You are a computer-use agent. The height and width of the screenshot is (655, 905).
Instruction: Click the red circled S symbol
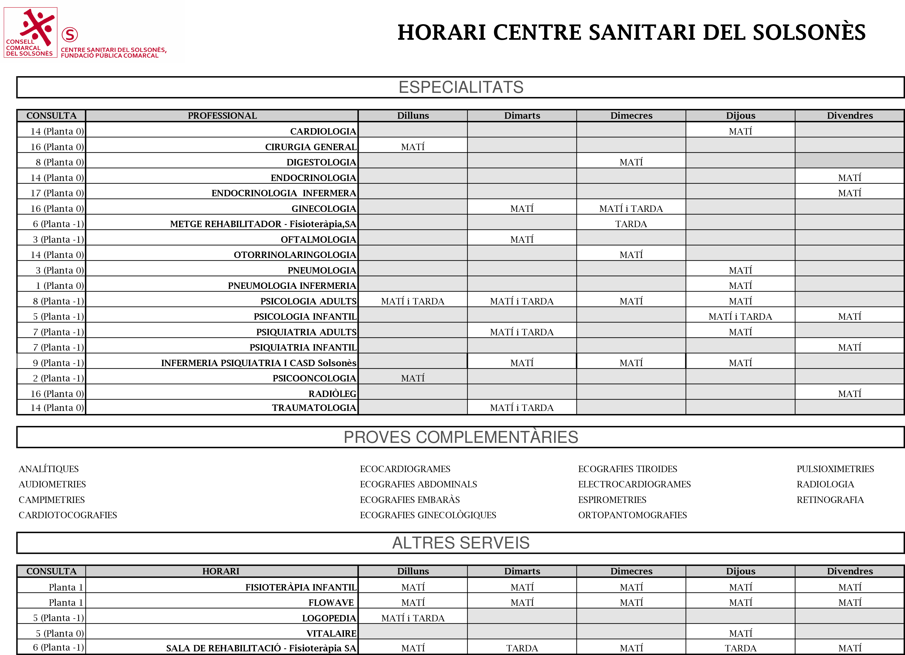[70, 35]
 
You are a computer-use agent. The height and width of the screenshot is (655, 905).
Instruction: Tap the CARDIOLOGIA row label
[323, 131]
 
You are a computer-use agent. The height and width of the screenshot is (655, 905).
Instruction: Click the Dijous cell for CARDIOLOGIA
[740, 131]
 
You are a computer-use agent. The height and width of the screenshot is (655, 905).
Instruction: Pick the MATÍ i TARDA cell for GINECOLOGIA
[631, 209]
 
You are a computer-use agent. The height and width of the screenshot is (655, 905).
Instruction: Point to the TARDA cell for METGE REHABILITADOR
[631, 224]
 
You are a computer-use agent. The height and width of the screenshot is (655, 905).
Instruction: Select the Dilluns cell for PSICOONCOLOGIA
[413, 378]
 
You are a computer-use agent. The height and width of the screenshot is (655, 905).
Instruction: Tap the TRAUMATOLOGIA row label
[314, 408]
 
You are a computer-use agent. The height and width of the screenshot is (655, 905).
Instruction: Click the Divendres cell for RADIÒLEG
[850, 394]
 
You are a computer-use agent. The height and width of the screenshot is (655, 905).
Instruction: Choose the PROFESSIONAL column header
[222, 116]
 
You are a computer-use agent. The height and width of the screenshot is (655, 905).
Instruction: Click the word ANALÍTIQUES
[49, 469]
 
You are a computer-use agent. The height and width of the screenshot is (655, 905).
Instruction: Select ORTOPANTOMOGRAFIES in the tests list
[633, 515]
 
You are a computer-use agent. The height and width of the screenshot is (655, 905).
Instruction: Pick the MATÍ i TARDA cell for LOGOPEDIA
[413, 618]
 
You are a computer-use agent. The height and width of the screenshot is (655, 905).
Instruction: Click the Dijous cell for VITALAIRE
[740, 633]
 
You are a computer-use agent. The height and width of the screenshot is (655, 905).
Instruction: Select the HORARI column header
[221, 571]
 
